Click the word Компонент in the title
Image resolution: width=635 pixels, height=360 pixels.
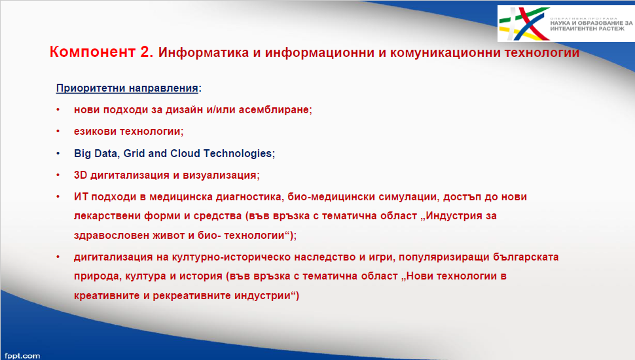tap(92, 52)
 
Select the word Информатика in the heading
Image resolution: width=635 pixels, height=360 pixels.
tap(204, 52)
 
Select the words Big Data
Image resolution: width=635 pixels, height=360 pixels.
tap(96, 153)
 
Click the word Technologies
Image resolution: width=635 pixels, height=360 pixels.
tap(239, 153)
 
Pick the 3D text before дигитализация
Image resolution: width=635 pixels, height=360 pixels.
tap(80, 175)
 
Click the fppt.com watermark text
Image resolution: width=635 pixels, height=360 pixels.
tap(22, 356)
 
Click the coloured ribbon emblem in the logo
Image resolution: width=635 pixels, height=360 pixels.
tap(524, 24)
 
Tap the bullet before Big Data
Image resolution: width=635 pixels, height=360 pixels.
tap(58, 153)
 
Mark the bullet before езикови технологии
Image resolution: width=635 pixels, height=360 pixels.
tap(58, 132)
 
